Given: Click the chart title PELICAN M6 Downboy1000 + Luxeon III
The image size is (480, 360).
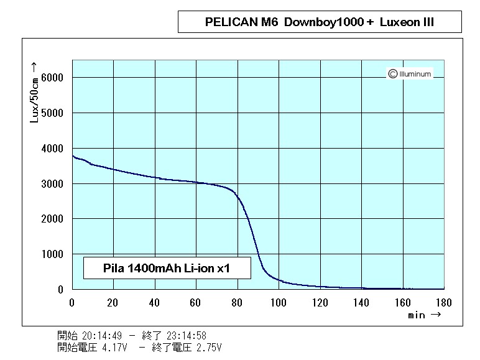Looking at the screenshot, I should coord(319,22).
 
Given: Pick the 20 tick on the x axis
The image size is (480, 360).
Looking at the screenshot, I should coord(113,303).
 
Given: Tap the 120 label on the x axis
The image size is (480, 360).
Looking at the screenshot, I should coord(320,303).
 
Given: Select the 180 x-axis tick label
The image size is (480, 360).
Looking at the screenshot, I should coord(444,303).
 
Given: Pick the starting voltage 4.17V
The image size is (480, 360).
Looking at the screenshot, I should coord(111,347).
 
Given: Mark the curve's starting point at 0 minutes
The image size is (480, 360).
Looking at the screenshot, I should coord(73,156).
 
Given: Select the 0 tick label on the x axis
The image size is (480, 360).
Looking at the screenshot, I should coord(72,303).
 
